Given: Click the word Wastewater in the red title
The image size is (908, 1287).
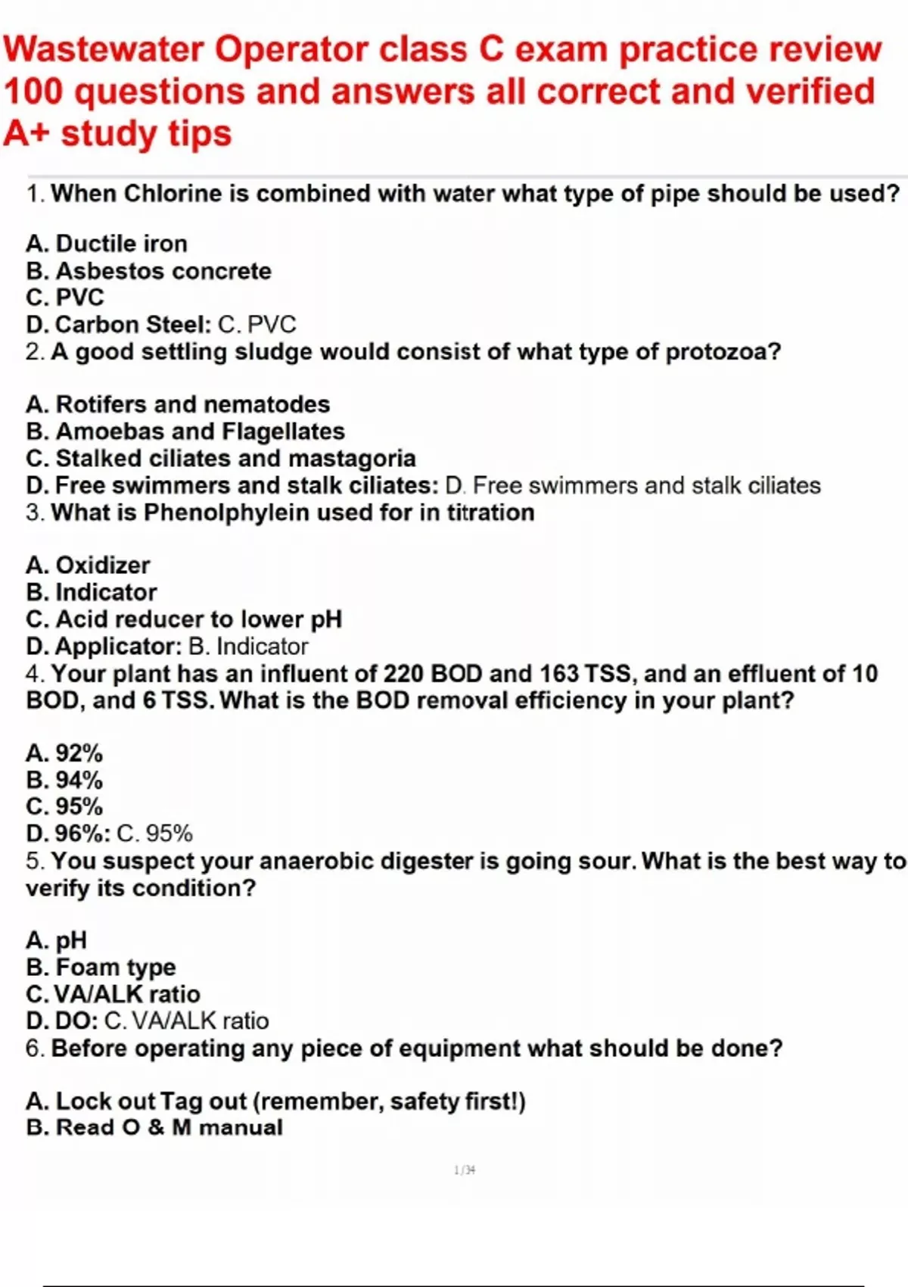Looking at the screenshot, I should [x=104, y=50].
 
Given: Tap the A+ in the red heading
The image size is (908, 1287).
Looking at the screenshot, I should [x=26, y=134].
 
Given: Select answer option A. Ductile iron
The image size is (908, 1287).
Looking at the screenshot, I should [x=107, y=244].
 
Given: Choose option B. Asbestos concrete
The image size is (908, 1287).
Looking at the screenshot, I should [x=148, y=271].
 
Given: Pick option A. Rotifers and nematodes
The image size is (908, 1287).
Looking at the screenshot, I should [x=178, y=404].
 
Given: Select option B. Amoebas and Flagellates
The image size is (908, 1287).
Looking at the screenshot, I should [x=185, y=432].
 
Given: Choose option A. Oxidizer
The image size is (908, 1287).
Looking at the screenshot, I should [x=88, y=566].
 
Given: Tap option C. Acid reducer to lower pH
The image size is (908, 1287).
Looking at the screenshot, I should [x=184, y=619].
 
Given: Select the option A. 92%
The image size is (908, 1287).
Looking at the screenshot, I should [x=64, y=753].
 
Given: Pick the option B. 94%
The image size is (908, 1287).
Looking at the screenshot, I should [x=64, y=780].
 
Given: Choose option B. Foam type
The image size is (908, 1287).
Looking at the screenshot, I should [x=101, y=968].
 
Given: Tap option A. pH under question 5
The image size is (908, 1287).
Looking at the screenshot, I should [x=57, y=940].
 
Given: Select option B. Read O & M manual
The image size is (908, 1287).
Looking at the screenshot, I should [x=154, y=1127].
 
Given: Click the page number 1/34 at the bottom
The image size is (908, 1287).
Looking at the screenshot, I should [x=465, y=1170].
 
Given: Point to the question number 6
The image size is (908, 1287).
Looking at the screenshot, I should [x=34, y=1049].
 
